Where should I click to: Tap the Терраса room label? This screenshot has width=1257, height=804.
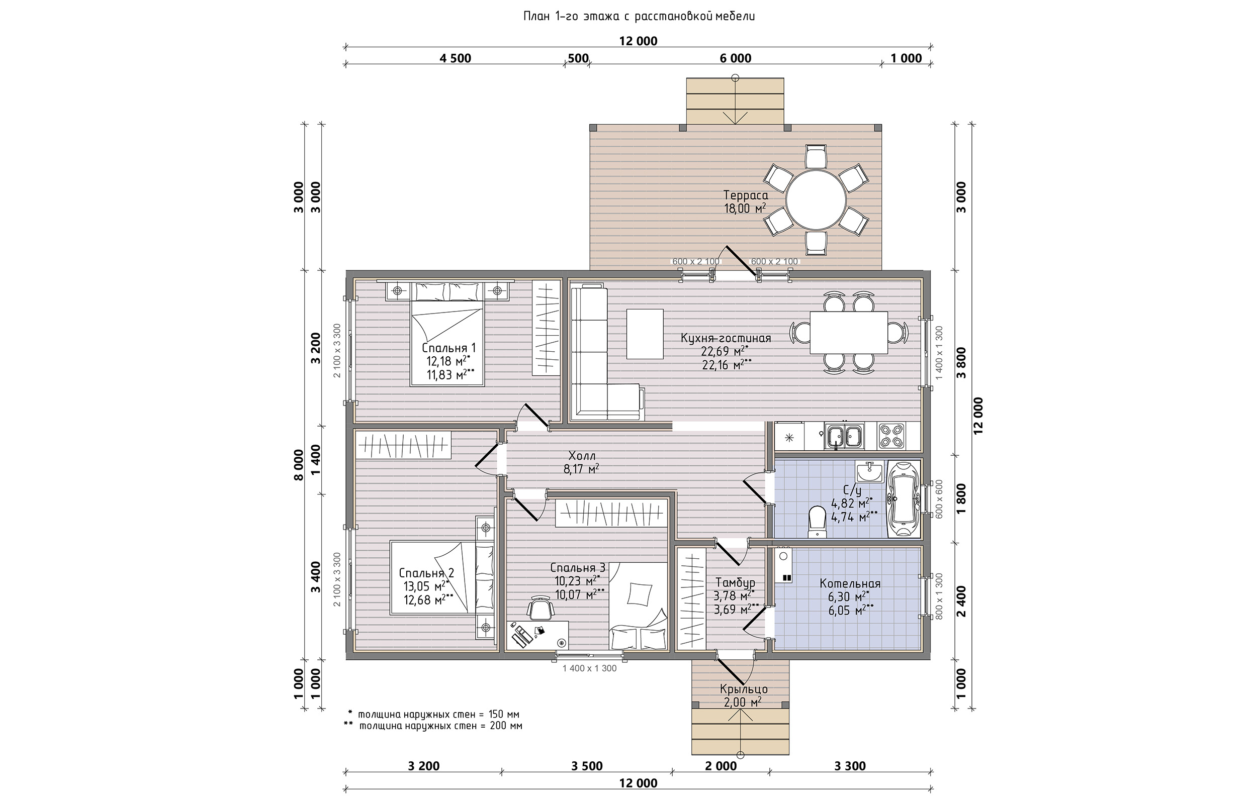coord(745,195)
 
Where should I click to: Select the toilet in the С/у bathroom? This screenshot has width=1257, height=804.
coord(817,522)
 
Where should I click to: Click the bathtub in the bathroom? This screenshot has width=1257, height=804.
coord(903,498)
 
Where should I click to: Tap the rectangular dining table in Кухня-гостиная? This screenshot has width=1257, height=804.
coord(849,332)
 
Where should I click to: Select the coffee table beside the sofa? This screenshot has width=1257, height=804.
coord(645,334)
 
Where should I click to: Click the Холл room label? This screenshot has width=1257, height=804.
coord(581,456)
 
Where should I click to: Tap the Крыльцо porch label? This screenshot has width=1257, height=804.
coord(744,689)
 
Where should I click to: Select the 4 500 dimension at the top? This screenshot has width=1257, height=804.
coord(456,58)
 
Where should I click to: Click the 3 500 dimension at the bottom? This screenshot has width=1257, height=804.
coord(587,766)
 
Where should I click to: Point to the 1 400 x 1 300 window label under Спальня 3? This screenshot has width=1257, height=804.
coord(589,668)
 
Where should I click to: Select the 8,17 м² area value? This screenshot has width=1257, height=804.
coord(581,469)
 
